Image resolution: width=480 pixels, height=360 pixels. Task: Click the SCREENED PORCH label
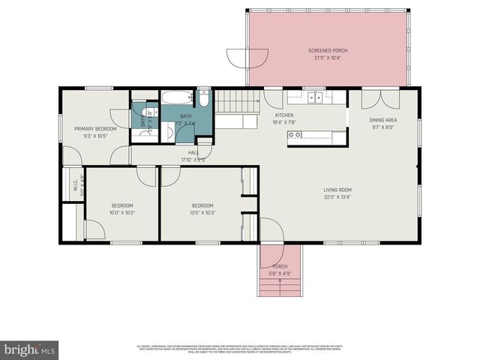328,50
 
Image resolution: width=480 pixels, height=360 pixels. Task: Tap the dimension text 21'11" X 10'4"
328,58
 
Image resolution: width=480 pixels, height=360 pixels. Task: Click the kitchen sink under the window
316,97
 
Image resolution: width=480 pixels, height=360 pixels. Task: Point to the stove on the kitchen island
296,135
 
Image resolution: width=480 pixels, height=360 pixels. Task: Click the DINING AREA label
382,120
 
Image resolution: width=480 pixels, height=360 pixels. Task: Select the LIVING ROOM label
338,190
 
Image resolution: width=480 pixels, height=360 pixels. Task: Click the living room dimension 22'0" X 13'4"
338,197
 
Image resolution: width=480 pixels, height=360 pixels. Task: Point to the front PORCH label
280,266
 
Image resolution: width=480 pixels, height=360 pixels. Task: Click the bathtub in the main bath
177,97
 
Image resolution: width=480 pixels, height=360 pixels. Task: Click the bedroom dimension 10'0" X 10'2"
122,213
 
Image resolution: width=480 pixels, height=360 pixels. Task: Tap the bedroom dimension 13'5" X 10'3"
202,213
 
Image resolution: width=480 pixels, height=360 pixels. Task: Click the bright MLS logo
30,349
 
